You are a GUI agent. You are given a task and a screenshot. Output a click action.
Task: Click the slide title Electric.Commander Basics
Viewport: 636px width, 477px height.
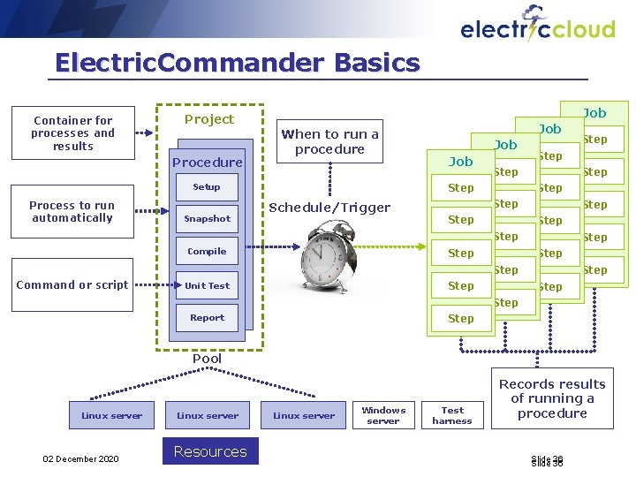point(237,63)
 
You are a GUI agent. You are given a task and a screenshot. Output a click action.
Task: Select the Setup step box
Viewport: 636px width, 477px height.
point(207,187)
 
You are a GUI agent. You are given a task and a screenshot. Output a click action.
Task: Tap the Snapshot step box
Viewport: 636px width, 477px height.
point(207,219)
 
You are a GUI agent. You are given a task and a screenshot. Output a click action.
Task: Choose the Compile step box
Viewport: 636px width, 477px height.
point(207,252)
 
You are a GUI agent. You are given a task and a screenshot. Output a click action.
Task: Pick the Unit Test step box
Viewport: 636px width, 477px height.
point(207,285)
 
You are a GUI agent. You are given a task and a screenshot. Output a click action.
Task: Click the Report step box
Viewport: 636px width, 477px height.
point(207,318)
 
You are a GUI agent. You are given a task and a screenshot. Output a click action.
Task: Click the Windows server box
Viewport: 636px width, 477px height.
point(383,415)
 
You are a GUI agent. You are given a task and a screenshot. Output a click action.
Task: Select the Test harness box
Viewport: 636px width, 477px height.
point(452,415)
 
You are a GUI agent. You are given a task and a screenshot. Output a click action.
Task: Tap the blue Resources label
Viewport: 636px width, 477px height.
point(210,451)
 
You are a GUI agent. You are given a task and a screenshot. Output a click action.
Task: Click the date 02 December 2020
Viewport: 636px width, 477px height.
point(80,458)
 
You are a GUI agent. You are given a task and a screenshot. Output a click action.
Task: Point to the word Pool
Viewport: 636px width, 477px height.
point(208,359)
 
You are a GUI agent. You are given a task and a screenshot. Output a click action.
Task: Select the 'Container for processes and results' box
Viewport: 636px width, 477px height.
point(73,133)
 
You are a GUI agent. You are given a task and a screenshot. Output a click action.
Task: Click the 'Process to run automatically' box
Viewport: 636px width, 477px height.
point(72,212)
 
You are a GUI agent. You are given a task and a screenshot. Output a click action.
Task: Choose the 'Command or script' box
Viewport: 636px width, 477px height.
point(72,285)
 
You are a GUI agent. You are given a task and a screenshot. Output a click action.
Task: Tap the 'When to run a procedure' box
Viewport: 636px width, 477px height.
point(329,142)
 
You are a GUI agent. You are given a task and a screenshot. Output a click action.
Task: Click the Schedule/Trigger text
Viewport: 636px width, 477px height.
point(329,208)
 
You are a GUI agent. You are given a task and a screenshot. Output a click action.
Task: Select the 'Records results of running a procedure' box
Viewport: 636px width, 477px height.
point(552,398)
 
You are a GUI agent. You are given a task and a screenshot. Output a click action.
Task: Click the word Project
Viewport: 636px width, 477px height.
point(209,119)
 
